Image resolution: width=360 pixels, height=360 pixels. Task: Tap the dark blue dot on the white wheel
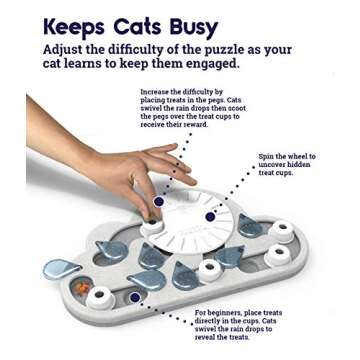(210, 216)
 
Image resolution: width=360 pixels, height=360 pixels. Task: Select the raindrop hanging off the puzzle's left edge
(59, 268)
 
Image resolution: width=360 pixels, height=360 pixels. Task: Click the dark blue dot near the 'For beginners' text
(135, 297)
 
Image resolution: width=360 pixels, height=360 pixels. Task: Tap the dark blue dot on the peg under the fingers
(157, 201)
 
